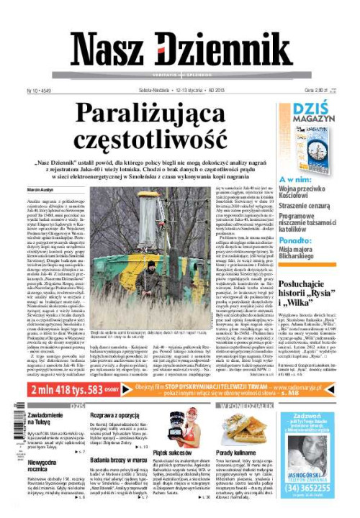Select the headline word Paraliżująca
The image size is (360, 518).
(166, 114)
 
